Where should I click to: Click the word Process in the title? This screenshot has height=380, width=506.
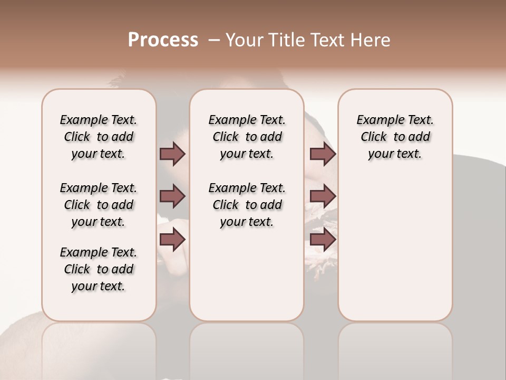pyautogui.click(x=163, y=40)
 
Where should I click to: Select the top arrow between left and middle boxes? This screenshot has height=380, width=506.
pyautogui.click(x=172, y=154)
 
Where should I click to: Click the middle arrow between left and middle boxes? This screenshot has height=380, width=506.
pyautogui.click(x=172, y=196)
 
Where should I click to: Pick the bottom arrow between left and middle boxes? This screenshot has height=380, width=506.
pyautogui.click(x=172, y=240)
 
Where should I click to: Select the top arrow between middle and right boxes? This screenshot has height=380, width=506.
pyautogui.click(x=323, y=154)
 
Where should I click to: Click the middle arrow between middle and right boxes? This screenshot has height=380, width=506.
pyautogui.click(x=323, y=196)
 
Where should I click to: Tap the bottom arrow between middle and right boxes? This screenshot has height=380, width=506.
pyautogui.click(x=323, y=240)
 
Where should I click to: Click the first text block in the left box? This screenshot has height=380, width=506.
pyautogui.click(x=99, y=137)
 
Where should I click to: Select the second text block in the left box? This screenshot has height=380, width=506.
pyautogui.click(x=99, y=205)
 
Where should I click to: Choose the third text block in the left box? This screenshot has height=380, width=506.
pyautogui.click(x=99, y=269)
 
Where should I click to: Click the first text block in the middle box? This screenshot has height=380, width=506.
pyautogui.click(x=247, y=137)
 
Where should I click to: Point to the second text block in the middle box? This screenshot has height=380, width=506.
pyautogui.click(x=247, y=205)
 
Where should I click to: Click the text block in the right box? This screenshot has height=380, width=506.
pyautogui.click(x=395, y=137)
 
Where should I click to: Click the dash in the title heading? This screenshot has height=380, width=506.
pyautogui.click(x=214, y=40)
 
